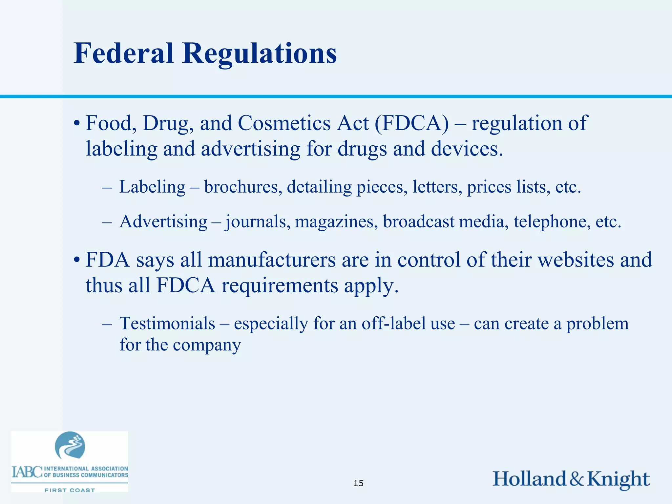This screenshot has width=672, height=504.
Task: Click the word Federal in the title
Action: (123, 53)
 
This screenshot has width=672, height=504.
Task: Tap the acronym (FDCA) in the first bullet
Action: (411, 124)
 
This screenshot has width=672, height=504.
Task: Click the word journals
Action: (258, 222)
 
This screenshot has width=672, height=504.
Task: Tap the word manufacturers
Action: (272, 260)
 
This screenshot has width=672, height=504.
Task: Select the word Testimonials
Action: (167, 324)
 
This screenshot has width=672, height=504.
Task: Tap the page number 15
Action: (358, 483)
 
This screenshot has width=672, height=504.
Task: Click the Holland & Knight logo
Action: (571, 479)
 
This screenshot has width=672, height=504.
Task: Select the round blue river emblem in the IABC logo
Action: (70, 445)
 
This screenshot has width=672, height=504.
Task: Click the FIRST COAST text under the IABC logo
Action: (70, 490)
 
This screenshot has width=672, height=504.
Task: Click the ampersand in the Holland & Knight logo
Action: (577, 479)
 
